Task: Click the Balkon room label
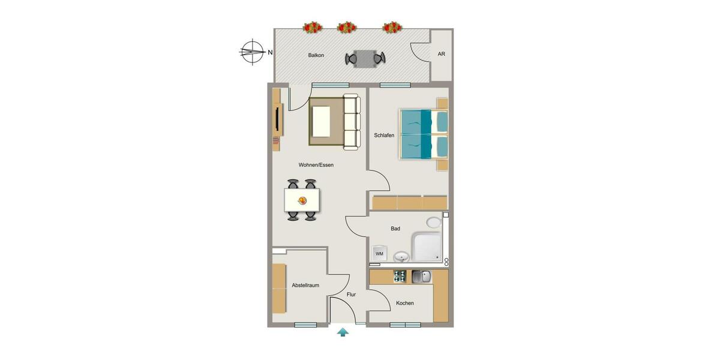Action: tap(316, 55)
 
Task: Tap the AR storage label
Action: tap(441, 54)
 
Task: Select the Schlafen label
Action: tap(384, 136)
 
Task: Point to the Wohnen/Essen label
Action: tap(316, 165)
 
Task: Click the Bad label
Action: tap(395, 229)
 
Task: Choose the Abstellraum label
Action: tap(305, 286)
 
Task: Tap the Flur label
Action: tap(352, 295)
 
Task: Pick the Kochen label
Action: tap(405, 304)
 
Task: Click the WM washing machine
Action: tap(379, 253)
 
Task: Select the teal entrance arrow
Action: tap(343, 332)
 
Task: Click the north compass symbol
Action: tap(253, 52)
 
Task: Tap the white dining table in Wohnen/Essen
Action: tap(302, 200)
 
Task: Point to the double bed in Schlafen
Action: tap(423, 134)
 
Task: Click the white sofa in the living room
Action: tap(351, 122)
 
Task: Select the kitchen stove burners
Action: tap(400, 277)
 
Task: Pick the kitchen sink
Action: tap(421, 277)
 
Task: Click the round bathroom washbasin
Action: tap(401, 257)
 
